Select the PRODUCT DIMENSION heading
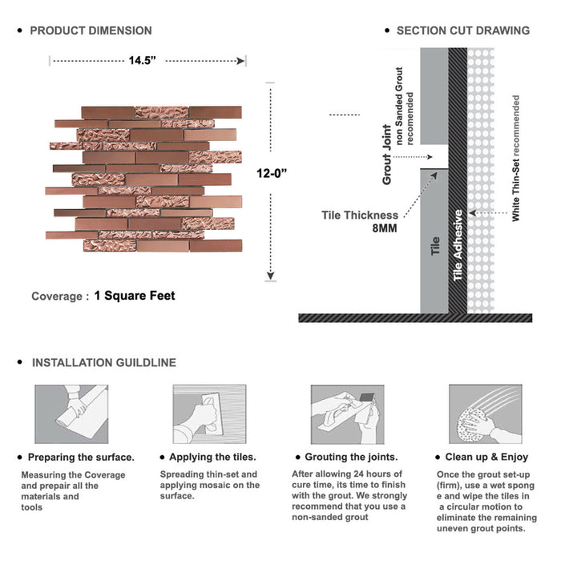click(x=91, y=30)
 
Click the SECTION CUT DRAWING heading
click(x=462, y=30)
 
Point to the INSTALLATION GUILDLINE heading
click(x=103, y=362)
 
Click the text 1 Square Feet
click(x=134, y=296)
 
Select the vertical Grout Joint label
click(x=387, y=155)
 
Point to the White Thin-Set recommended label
click(x=515, y=159)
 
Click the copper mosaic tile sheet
click(x=143, y=179)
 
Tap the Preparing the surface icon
click(x=71, y=414)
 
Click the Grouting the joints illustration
click(x=345, y=414)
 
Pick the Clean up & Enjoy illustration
click(x=483, y=414)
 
